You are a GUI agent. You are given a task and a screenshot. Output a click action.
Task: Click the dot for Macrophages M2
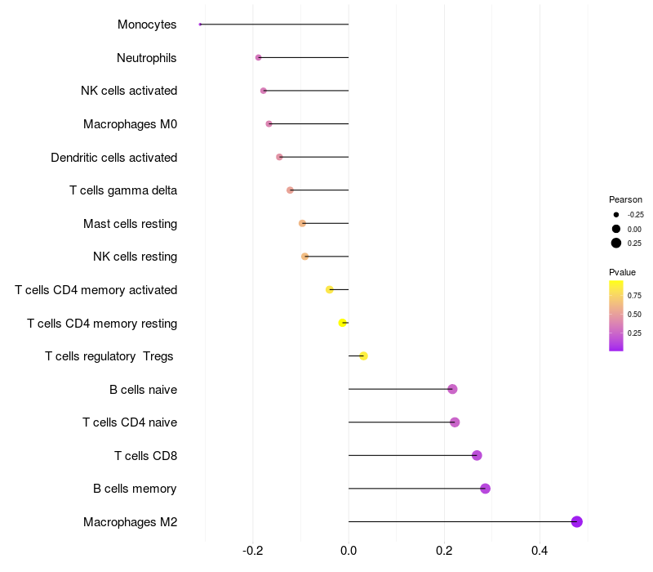click(577, 521)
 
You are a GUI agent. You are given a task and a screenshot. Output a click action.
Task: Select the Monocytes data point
click(200, 25)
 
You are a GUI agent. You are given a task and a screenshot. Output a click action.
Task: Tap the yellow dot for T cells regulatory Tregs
click(363, 355)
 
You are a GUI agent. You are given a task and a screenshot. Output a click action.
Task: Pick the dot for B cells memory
click(485, 489)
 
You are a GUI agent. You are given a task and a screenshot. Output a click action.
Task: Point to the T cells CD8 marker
click(477, 455)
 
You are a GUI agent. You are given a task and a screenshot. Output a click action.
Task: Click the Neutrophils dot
click(259, 57)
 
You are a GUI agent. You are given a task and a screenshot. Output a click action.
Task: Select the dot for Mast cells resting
click(302, 223)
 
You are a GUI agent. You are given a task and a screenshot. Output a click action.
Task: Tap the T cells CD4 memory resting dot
click(343, 323)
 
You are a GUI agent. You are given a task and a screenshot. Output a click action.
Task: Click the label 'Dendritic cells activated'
click(113, 157)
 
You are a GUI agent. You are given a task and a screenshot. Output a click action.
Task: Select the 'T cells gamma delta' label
click(123, 190)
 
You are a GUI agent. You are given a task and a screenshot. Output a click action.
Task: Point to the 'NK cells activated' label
click(129, 91)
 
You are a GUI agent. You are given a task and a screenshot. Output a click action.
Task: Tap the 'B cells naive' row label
click(143, 389)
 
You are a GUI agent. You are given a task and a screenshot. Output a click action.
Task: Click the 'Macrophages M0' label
click(130, 124)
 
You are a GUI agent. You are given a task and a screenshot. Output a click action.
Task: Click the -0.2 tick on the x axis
click(253, 551)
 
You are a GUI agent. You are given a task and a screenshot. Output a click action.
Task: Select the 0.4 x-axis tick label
click(540, 551)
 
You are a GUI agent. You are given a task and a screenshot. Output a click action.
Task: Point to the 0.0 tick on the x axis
click(349, 551)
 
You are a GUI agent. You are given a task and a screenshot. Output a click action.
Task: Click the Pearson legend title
click(625, 199)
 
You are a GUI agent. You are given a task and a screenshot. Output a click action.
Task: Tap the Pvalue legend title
click(622, 272)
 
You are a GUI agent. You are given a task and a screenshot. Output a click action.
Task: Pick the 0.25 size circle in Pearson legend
click(616, 243)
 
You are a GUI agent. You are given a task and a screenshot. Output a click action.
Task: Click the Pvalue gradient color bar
click(616, 315)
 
